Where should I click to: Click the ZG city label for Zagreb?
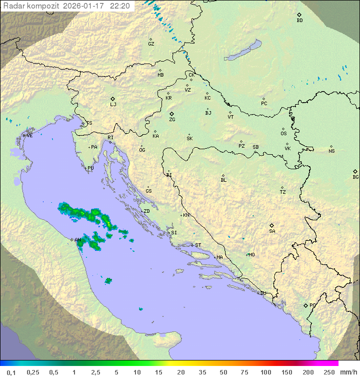tap(172, 120)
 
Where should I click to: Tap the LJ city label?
tap(113, 105)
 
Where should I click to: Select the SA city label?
tap(272, 231)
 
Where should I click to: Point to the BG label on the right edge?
tap(355, 177)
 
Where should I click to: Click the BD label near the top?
tap(299, 21)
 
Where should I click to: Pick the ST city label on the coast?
tap(198, 245)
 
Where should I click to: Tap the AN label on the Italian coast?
tap(77, 240)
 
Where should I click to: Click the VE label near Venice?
tap(29, 136)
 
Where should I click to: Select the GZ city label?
tap(151, 44)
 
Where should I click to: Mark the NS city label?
tap(331, 151)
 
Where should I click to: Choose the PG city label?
tap(312, 305)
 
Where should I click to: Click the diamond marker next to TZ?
tap(282, 187)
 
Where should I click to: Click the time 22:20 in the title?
tap(120, 6)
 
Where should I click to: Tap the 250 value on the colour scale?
tap(328, 372)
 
